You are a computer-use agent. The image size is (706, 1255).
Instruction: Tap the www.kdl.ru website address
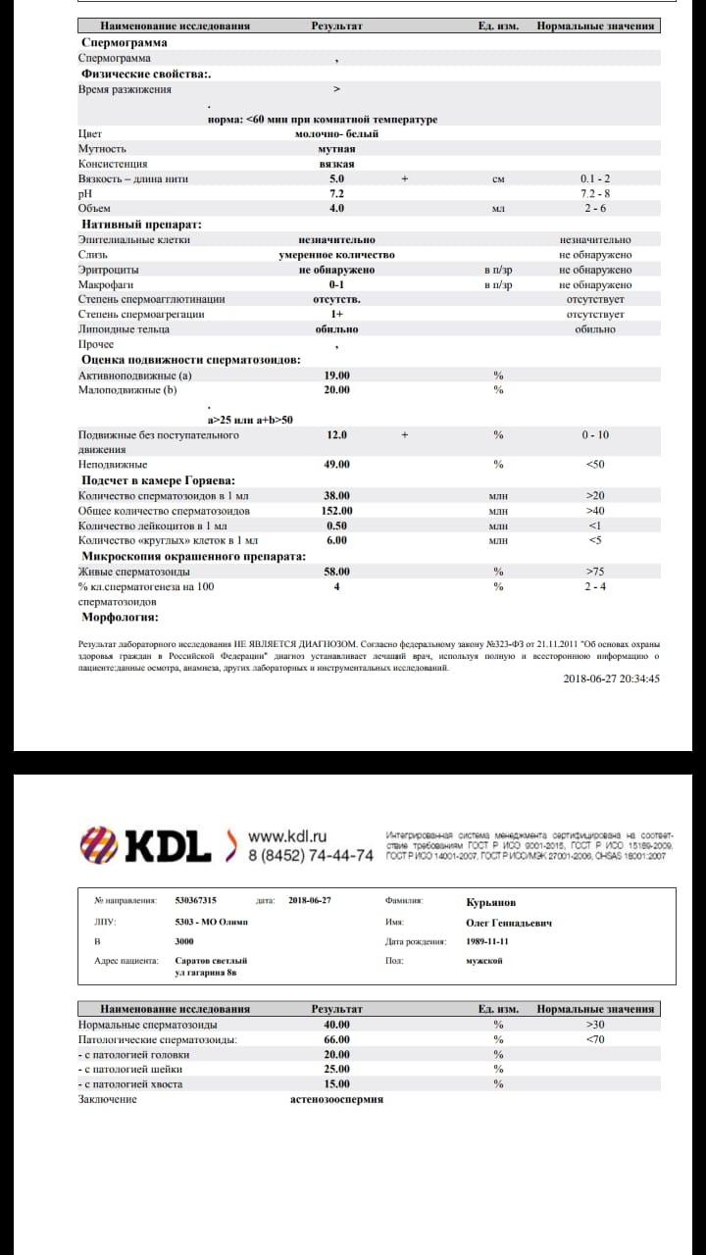(x=287, y=836)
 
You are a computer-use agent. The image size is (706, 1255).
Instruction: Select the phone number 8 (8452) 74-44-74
(x=310, y=856)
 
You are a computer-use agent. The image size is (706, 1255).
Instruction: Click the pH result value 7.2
(x=336, y=194)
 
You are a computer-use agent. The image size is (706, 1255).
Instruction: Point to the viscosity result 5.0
(x=336, y=179)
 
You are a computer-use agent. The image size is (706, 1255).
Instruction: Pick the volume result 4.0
(x=336, y=209)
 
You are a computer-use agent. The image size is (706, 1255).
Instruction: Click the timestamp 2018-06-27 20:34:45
(x=611, y=678)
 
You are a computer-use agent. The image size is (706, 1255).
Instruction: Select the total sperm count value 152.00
(x=336, y=511)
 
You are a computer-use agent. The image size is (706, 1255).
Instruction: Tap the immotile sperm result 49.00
(x=336, y=464)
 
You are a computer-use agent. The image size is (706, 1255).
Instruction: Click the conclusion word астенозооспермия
(x=336, y=1099)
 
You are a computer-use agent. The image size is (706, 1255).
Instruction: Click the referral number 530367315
(x=195, y=900)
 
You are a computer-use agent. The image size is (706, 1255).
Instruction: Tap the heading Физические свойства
(x=144, y=74)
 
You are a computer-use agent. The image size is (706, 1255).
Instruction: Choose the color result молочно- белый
(x=336, y=134)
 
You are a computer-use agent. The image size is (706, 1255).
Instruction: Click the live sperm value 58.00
(x=336, y=572)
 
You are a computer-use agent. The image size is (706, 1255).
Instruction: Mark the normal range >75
(x=595, y=572)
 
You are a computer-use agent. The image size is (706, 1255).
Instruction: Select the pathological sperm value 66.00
(x=336, y=1039)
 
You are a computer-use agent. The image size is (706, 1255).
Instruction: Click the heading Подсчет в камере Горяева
(x=157, y=480)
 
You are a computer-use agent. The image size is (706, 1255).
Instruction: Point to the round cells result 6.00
(x=336, y=540)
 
